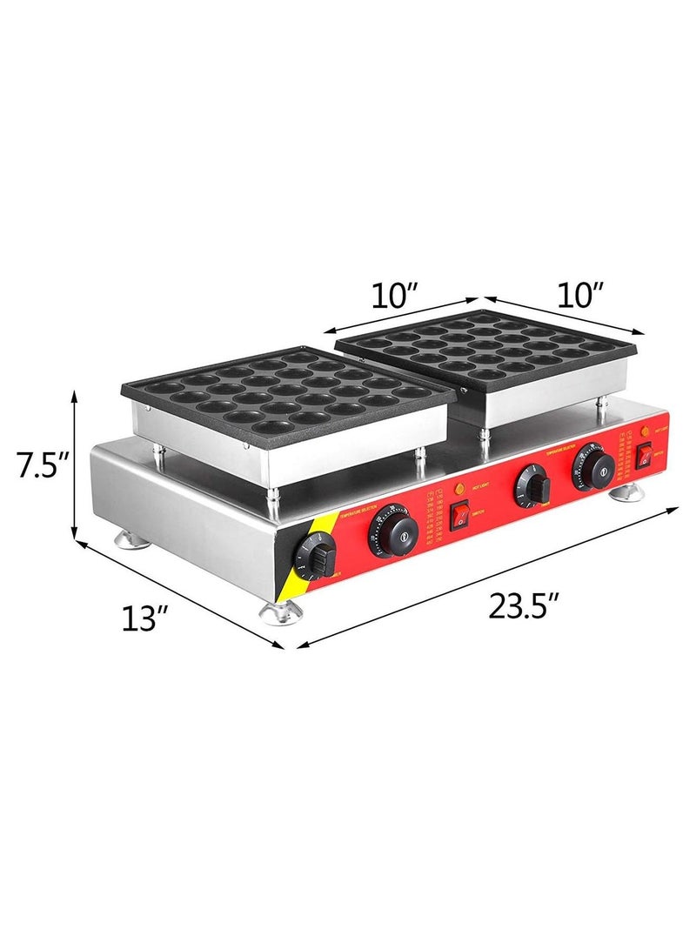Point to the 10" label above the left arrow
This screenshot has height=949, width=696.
[396, 296]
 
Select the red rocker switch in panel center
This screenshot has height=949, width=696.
[458, 517]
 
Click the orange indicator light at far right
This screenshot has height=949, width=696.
[645, 429]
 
